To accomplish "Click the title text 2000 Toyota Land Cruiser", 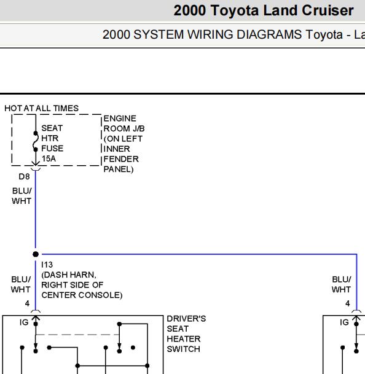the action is coord(264,10).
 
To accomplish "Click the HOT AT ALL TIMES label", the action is coord(42,108).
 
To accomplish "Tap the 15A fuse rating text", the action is coord(49,158).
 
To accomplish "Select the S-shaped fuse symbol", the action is coord(36,141).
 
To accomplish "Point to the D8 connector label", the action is coord(24,176).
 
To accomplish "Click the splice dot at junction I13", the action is coord(36,254).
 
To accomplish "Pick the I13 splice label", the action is coord(47,265).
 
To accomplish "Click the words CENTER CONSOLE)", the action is coord(82,295).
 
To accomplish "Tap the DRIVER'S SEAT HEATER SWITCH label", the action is coord(186,333).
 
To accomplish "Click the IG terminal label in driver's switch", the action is coord(24,322).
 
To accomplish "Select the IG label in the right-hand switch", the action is coord(344,322).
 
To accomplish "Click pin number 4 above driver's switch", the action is coord(27,303).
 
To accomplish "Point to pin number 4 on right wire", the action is coord(348,303).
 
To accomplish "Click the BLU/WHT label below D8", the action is coord(22,196).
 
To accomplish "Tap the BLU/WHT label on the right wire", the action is coord(342,284).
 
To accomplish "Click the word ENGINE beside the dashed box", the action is coord(120,119).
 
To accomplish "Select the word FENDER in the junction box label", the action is coord(121,159).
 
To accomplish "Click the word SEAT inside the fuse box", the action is coord(52,128).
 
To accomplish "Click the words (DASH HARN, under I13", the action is coord(69,275).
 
